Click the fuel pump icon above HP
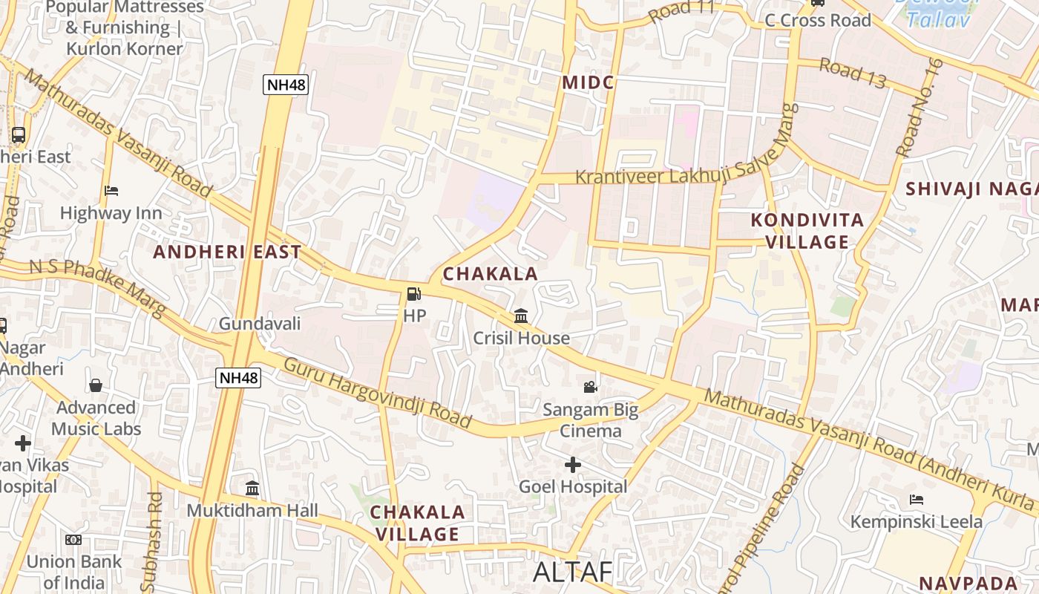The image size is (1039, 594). pos(413,294)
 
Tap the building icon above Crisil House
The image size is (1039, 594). pos(521,316)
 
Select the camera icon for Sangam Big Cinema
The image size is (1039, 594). pos(590,387)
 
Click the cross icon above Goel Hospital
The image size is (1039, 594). pos(572,465)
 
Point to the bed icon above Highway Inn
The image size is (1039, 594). pos(111,191)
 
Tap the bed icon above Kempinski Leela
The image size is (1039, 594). pos(917,500)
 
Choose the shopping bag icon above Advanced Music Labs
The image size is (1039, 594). pos(96,385)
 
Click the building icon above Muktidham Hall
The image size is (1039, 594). pos(252,489)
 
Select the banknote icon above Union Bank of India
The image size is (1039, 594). pos(73,540)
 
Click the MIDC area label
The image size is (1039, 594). pos(589,82)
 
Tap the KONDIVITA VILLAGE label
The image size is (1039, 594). pos(807,231)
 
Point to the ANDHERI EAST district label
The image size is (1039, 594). pos(227,252)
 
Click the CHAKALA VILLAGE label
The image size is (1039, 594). pos(417,523)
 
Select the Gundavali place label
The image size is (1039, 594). pos(260,324)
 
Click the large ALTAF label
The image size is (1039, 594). pos(573,572)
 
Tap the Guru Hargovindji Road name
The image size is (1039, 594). pos(378,393)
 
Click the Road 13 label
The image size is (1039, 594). pos(853,73)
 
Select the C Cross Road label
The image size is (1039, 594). pos(818,21)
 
